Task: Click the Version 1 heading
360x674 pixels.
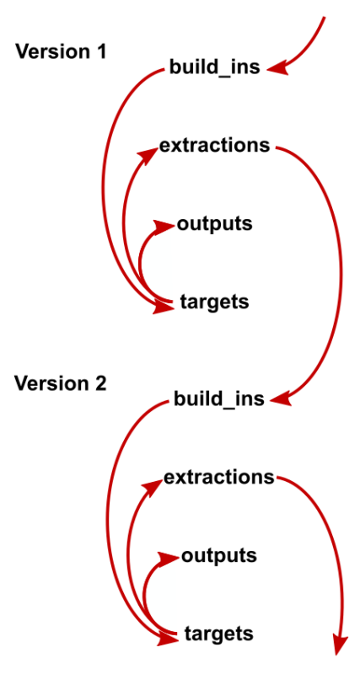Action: click(60, 52)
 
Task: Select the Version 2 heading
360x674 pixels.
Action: click(60, 383)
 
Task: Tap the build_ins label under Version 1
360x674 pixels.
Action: click(215, 68)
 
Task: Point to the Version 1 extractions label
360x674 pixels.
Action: click(215, 145)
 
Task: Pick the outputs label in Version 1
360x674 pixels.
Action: click(214, 224)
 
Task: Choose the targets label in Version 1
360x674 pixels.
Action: click(214, 302)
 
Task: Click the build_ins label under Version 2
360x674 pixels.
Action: click(219, 399)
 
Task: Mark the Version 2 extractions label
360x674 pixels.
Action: click(219, 477)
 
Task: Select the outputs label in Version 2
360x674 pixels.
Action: click(219, 556)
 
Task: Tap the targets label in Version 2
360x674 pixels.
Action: click(218, 634)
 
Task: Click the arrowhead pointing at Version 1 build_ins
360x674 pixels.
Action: click(278, 68)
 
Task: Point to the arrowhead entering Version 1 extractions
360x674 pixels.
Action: click(148, 156)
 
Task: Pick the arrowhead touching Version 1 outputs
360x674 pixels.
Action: click(164, 227)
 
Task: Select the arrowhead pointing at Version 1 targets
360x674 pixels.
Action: click(164, 307)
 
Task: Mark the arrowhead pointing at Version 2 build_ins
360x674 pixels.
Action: click(282, 398)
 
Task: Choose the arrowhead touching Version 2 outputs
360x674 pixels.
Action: click(169, 559)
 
